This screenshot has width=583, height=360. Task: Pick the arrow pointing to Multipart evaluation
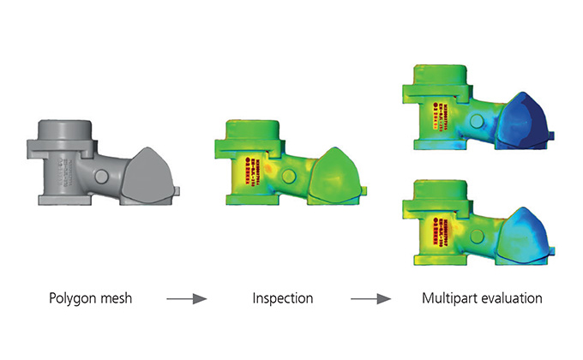click(371, 299)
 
